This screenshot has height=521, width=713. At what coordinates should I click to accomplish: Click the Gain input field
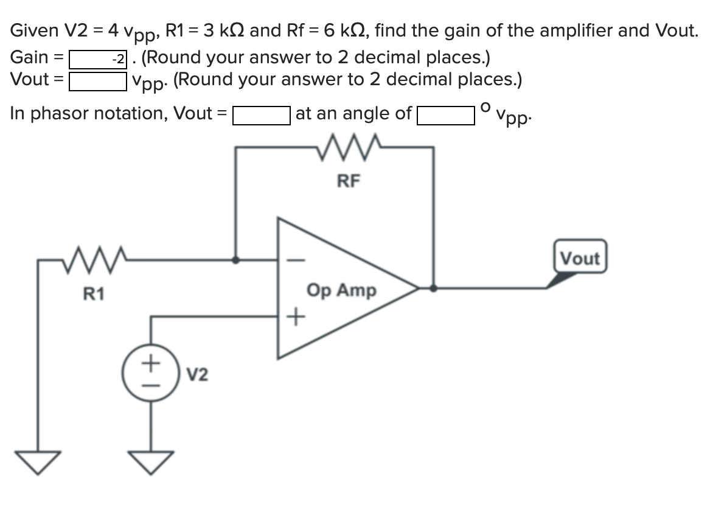click(x=98, y=59)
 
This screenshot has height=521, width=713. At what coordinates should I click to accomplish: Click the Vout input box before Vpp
click(x=98, y=81)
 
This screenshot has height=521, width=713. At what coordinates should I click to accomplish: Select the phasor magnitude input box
click(x=261, y=115)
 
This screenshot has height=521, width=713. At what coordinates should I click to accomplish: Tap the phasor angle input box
click(x=446, y=115)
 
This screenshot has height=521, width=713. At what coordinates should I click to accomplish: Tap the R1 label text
click(x=94, y=295)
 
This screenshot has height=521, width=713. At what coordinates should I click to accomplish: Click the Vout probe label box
click(x=580, y=258)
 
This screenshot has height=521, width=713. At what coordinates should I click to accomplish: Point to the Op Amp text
click(x=342, y=290)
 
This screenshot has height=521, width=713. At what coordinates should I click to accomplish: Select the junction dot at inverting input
click(x=237, y=259)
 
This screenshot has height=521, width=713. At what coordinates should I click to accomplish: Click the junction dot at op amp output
click(x=433, y=288)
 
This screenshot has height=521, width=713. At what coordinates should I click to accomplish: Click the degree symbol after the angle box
click(x=485, y=108)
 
